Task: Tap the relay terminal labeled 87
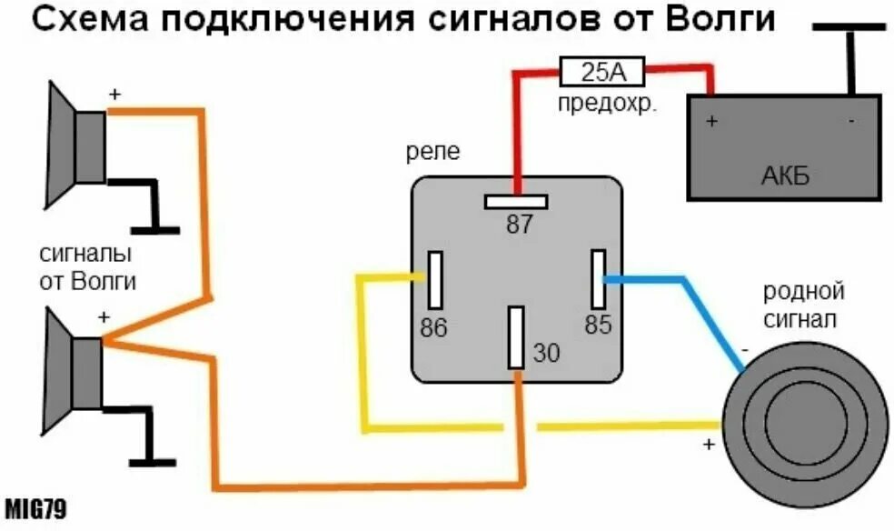[x=516, y=201]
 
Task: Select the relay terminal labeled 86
[x=435, y=279]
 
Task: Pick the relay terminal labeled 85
[x=599, y=279]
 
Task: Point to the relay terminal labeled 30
[x=517, y=336]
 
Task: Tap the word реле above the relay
[x=433, y=151]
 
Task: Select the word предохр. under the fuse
[x=606, y=103]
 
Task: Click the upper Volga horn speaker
[x=78, y=145]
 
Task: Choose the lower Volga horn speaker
[x=76, y=373]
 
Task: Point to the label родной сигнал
[x=804, y=306]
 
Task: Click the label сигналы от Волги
[x=87, y=266]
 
